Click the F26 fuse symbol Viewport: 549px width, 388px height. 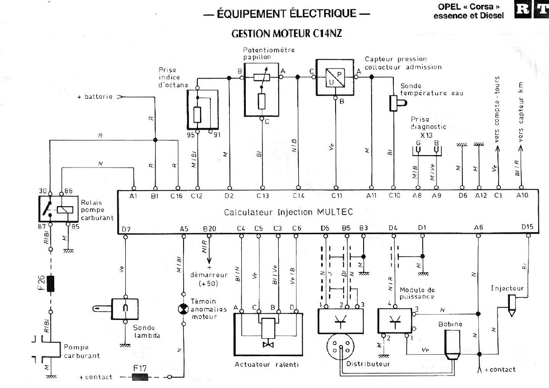[x=50, y=284]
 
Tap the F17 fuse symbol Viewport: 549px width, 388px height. [x=140, y=377]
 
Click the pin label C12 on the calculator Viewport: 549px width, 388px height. [x=196, y=195]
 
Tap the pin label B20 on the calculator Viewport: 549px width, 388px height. [x=209, y=228]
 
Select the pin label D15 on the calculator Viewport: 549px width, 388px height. [x=528, y=228]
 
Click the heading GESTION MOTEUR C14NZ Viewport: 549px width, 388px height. [x=287, y=34]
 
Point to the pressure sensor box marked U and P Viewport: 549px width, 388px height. [x=335, y=77]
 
